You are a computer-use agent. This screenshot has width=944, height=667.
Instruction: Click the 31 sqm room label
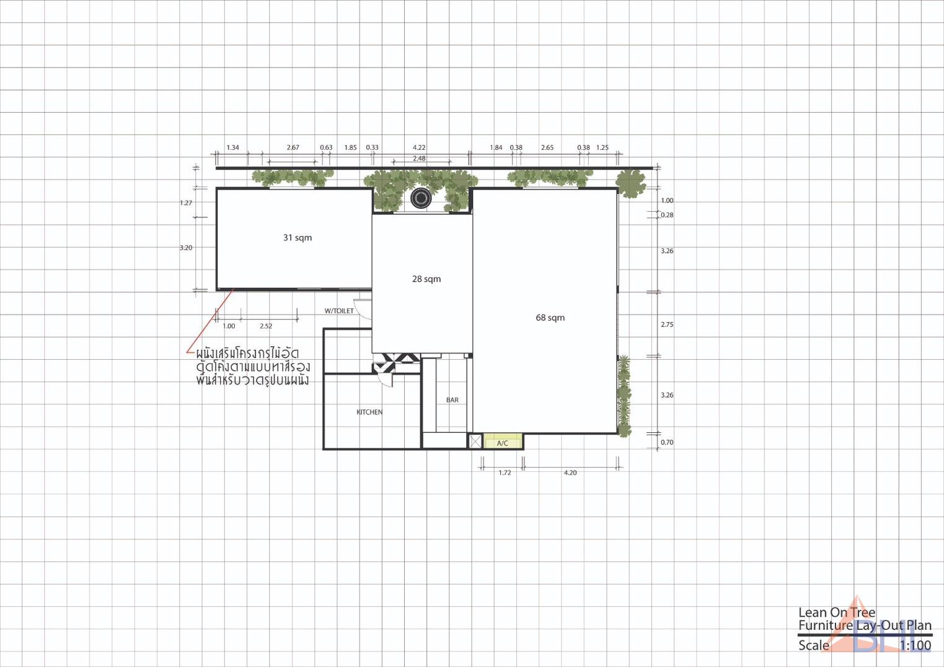(298, 238)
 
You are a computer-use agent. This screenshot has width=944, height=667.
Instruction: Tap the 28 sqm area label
(426, 279)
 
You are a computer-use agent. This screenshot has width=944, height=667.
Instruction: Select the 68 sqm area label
(550, 318)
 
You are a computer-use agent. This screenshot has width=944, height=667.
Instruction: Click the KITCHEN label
(369, 412)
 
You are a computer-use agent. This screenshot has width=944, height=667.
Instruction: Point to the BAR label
(452, 400)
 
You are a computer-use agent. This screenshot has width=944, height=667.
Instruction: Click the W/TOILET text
(339, 311)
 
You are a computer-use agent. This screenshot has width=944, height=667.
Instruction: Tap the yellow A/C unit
(502, 442)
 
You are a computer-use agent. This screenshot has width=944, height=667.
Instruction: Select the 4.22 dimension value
(419, 147)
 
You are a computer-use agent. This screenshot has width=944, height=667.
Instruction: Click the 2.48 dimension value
(419, 159)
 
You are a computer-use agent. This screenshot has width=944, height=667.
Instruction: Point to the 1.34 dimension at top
(232, 147)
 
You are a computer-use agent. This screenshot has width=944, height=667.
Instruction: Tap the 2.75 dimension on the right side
(667, 325)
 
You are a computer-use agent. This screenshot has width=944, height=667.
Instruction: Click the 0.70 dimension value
(667, 443)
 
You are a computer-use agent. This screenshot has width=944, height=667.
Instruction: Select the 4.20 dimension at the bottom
(570, 473)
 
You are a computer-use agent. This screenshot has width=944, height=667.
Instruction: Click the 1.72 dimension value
(505, 473)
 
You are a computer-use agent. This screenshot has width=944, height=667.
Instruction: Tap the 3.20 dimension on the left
(186, 248)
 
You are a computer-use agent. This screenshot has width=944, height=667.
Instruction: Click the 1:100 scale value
(915, 645)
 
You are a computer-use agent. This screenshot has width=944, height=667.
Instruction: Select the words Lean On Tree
(837, 613)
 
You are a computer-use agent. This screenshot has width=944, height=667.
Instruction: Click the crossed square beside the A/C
(475, 442)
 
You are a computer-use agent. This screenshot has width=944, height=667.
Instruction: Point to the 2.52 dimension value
(265, 326)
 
